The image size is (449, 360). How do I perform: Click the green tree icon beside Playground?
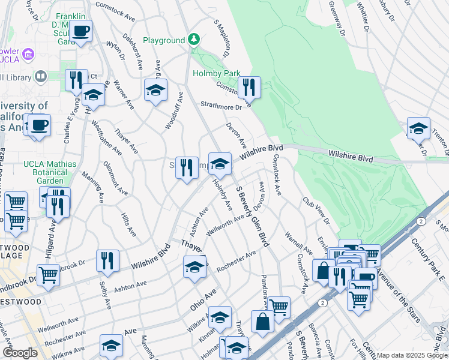(x=193, y=40)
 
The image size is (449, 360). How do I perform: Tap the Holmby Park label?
(x=216, y=74)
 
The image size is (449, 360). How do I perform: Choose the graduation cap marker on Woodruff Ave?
(x=155, y=91)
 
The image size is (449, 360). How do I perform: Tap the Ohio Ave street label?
(x=203, y=296)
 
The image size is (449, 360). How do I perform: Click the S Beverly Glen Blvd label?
(x=252, y=216)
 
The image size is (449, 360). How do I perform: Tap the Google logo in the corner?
(x=19, y=353)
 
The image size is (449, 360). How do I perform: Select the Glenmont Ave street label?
(x=115, y=178)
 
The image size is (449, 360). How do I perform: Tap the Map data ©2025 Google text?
(x=411, y=355)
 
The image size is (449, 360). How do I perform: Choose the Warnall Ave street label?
(x=298, y=243)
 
